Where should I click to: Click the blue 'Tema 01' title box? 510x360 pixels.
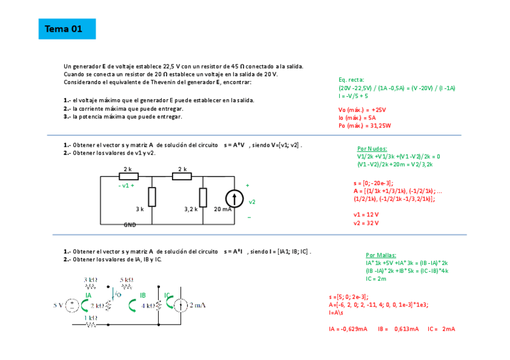[67, 29]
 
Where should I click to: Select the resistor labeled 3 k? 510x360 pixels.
[152, 197]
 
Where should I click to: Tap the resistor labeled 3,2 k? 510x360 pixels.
[203, 197]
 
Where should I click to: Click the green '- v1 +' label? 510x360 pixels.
[126, 186]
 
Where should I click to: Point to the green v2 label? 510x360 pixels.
[252, 202]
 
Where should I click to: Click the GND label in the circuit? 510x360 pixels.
[130, 225]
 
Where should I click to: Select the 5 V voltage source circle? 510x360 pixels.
[72, 305]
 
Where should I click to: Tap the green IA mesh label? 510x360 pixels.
[88, 295]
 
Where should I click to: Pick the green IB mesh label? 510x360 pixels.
[143, 295]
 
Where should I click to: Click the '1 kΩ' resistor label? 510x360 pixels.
[91, 317]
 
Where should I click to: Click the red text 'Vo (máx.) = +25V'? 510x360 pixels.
[362, 110]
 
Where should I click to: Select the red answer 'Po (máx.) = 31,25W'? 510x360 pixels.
[365, 126]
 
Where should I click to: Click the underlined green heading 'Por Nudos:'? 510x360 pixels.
[372, 148]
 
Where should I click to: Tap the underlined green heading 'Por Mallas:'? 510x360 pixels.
[381, 255]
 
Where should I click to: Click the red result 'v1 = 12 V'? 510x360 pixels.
[366, 215]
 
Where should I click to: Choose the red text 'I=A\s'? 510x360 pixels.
[336, 313]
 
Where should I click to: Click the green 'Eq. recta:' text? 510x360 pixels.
[351, 79]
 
